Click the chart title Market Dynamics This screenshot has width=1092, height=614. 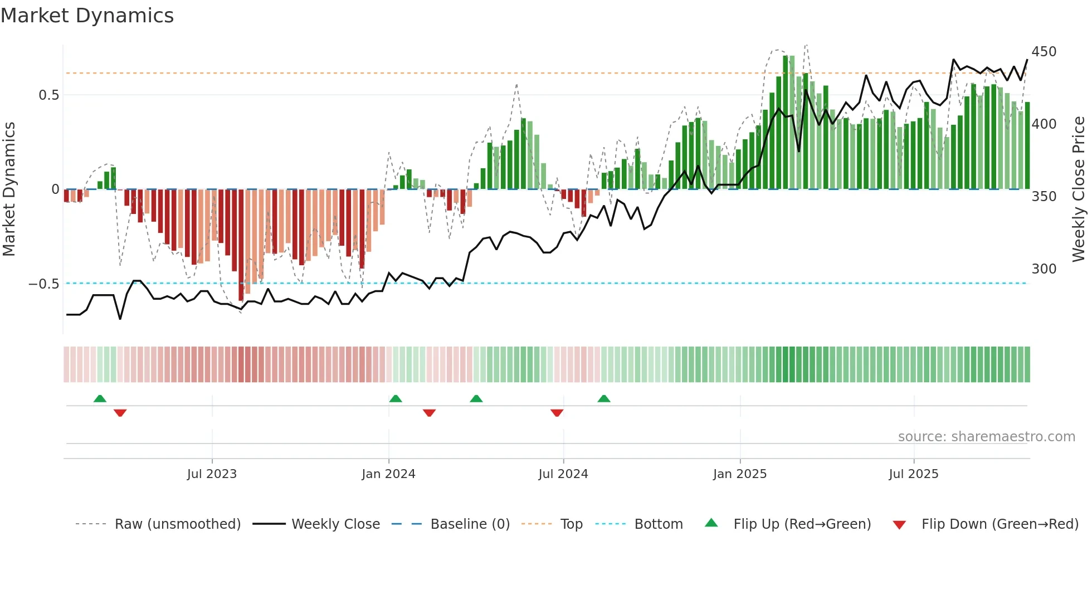(87, 16)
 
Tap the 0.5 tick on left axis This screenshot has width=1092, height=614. (48, 95)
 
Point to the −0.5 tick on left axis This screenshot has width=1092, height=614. (44, 284)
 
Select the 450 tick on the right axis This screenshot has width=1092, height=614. (1044, 52)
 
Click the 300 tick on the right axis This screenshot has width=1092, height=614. (1044, 269)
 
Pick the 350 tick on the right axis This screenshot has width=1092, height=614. (1044, 197)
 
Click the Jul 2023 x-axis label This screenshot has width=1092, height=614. (212, 474)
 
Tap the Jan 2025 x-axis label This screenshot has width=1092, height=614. (739, 474)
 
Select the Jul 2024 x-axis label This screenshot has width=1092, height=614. (563, 474)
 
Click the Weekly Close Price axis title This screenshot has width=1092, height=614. (1079, 189)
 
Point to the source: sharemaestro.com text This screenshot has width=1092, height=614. (986, 437)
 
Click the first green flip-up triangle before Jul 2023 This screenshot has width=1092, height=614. (100, 399)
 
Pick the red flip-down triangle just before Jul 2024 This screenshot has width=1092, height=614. (557, 412)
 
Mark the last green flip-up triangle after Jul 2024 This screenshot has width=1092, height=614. (603, 399)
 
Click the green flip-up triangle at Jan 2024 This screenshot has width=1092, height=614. (395, 399)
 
